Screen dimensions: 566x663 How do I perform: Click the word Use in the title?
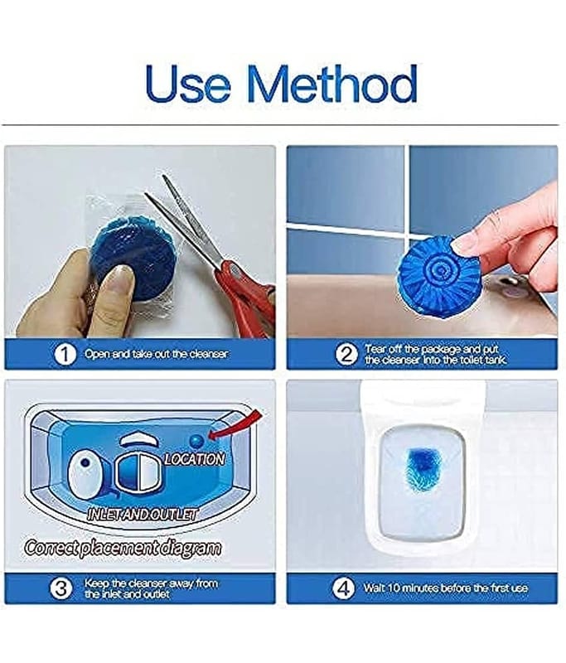coord(188,84)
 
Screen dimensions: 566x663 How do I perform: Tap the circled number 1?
coord(65,354)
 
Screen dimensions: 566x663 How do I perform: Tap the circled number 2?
coord(346,354)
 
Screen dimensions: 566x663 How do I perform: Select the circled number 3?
coord(60,588)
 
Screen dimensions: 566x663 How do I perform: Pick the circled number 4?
coord(343,588)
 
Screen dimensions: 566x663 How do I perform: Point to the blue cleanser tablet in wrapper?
coord(133,256)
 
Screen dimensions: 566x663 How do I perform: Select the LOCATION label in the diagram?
coord(195,459)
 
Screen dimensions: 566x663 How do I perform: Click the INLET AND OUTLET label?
coord(142,514)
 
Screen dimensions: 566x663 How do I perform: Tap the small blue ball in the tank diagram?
coord(196,441)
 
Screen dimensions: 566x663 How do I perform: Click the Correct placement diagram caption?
coord(123,548)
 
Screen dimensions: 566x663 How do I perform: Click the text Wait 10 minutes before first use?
coord(446,588)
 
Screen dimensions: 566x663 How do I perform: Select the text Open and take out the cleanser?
coord(156,354)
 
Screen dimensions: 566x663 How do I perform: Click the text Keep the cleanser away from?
coord(152,583)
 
